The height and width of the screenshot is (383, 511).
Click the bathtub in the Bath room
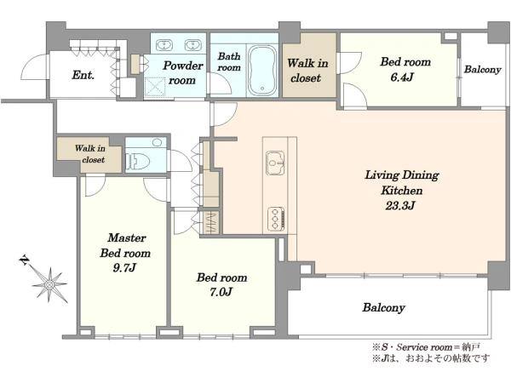(262, 71)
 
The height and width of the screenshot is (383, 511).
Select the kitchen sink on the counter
(276, 163)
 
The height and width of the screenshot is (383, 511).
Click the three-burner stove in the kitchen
(276, 219)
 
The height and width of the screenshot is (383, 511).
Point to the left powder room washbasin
(164, 45)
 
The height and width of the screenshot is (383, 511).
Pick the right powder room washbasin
(193, 45)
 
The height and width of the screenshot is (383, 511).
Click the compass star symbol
(49, 285)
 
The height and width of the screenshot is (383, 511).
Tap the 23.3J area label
(400, 206)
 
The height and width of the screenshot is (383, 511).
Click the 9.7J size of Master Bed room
(123, 268)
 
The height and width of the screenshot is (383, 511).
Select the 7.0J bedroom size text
(221, 292)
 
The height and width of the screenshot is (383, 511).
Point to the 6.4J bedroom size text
(402, 77)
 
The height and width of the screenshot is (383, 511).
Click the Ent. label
(83, 75)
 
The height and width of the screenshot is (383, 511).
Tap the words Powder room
(182, 73)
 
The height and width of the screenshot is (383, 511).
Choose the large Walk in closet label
(307, 71)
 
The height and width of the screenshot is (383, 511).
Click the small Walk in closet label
(90, 154)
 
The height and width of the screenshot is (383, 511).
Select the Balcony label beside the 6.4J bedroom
(482, 70)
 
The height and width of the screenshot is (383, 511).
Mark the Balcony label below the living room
(383, 307)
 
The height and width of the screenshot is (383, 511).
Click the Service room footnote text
(426, 347)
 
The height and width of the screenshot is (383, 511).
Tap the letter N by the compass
(25, 260)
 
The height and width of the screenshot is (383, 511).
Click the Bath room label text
(229, 62)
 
